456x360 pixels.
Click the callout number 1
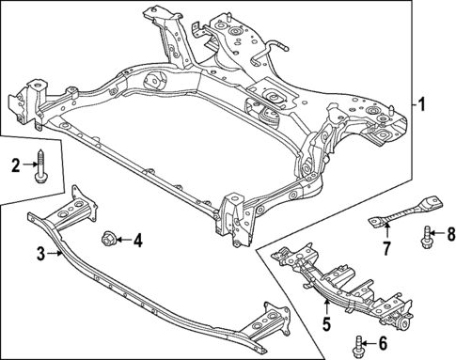[422, 104]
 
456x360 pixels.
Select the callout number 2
[15, 166]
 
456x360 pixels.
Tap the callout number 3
[41, 253]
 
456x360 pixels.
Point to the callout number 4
[137, 241]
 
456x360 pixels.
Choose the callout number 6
[384, 345]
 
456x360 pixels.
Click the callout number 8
[449, 232]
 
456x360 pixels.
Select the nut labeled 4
[109, 241]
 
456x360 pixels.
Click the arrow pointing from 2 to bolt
[27, 166]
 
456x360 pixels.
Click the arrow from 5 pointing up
[326, 314]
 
